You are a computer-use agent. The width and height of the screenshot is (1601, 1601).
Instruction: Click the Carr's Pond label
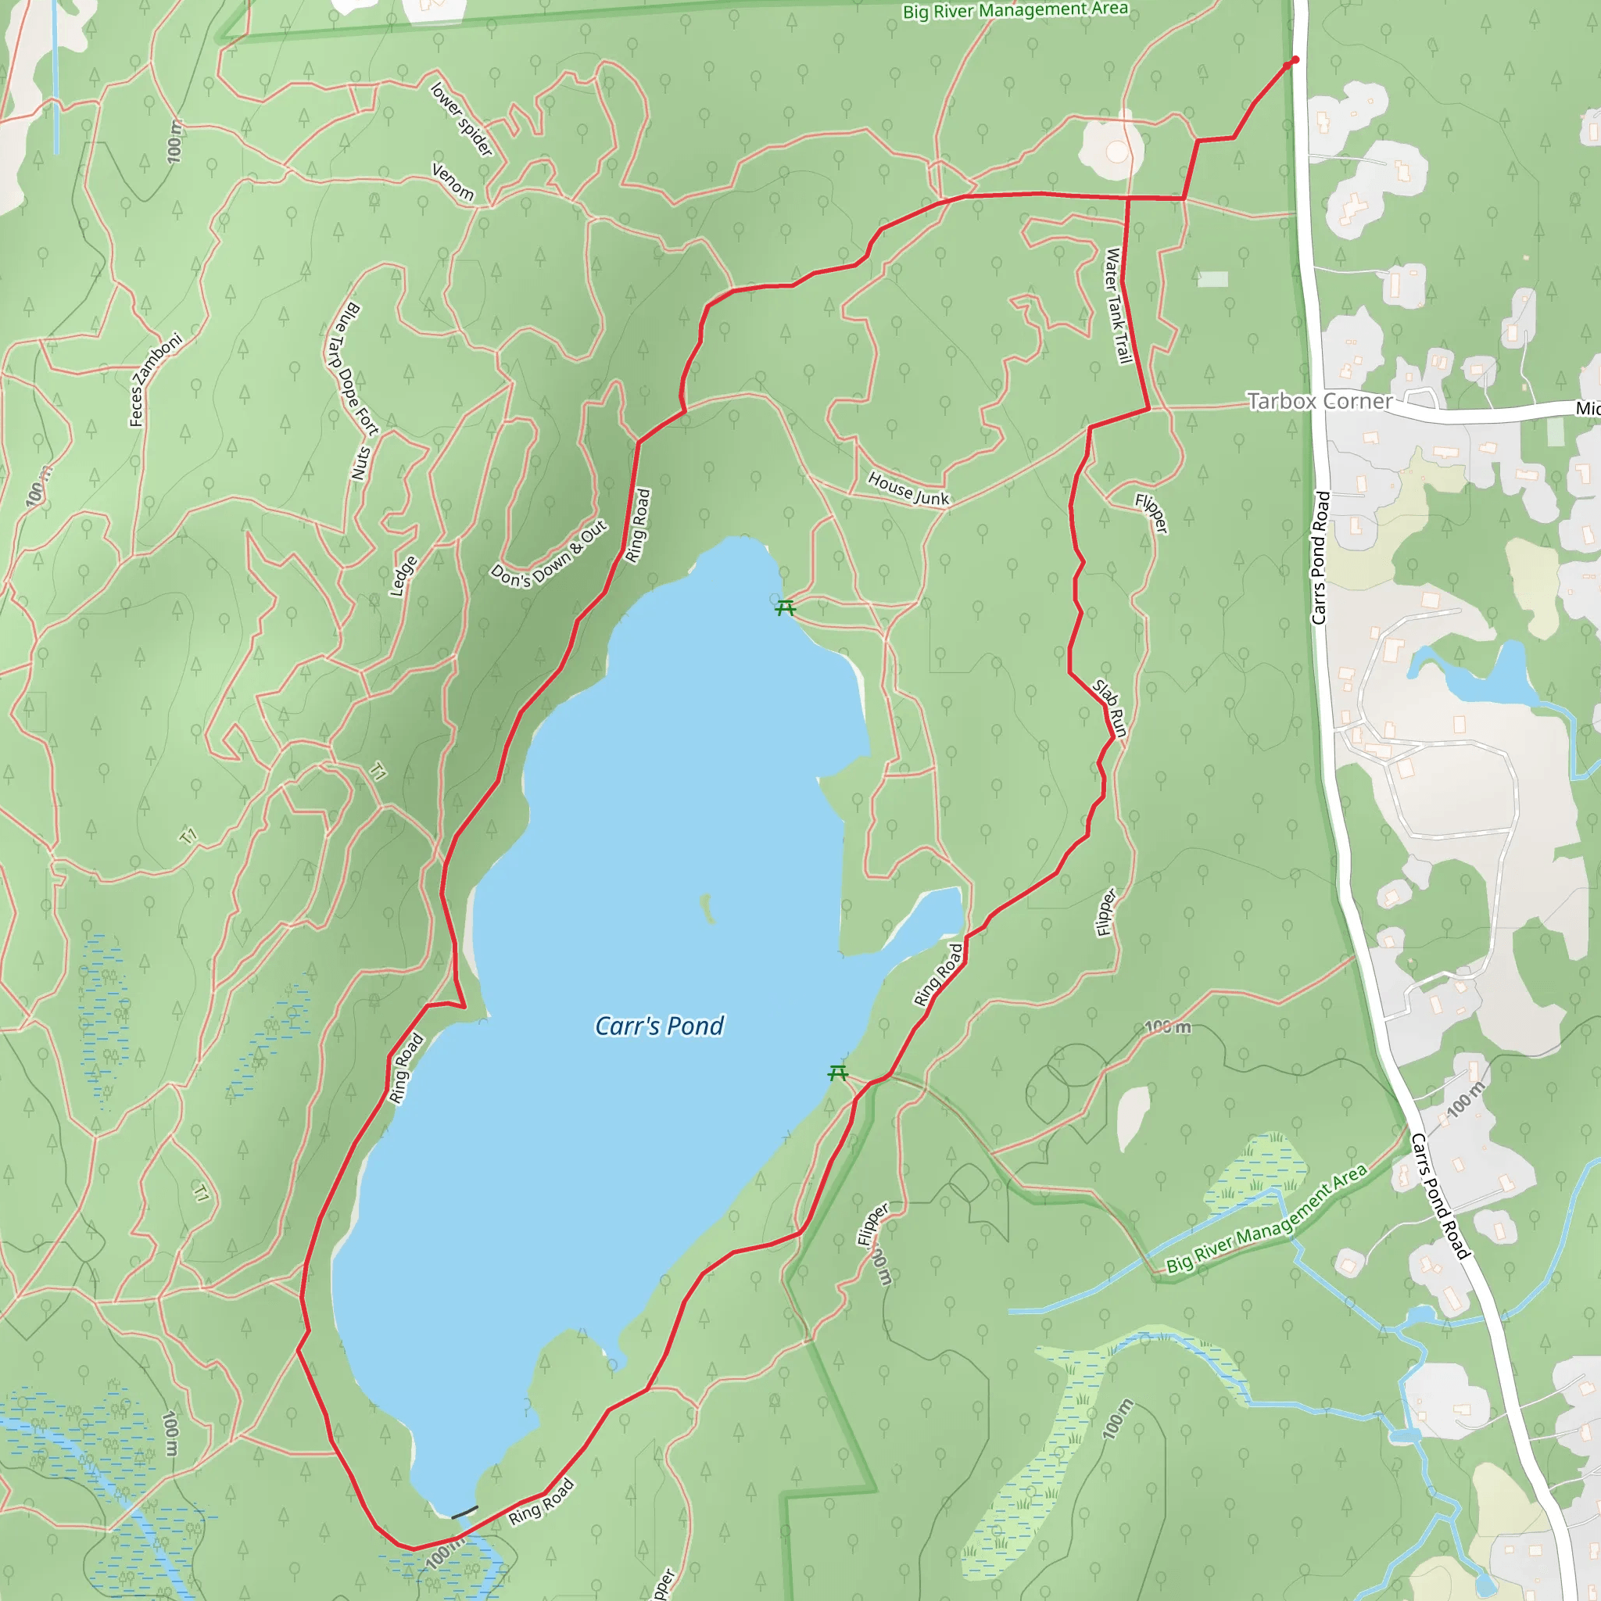pyautogui.click(x=660, y=1026)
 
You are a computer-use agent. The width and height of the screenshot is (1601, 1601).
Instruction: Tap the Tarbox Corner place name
pyautogui.click(x=1320, y=401)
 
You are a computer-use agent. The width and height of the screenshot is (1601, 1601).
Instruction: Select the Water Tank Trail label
pyautogui.click(x=1118, y=306)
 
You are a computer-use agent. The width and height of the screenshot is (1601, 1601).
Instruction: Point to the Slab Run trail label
pyautogui.click(x=1110, y=707)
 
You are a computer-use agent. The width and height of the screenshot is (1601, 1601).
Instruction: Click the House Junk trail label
pyautogui.click(x=908, y=488)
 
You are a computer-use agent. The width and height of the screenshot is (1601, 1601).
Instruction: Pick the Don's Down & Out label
pyautogui.click(x=549, y=554)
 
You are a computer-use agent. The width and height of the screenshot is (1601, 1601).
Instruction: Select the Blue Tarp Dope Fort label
pyautogui.click(x=351, y=369)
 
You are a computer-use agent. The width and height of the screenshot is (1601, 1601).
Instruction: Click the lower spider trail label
pyautogui.click(x=461, y=119)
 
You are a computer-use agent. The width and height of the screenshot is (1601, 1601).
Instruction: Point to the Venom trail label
pyautogui.click(x=453, y=181)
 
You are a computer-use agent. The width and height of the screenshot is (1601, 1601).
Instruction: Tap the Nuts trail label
pyautogui.click(x=360, y=464)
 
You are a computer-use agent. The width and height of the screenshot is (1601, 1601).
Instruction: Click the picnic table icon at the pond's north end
pyautogui.click(x=785, y=609)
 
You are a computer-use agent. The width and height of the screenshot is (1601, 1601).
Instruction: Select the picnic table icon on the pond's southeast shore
pyautogui.click(x=838, y=1074)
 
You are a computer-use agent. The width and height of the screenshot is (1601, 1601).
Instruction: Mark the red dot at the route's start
pyautogui.click(x=1295, y=59)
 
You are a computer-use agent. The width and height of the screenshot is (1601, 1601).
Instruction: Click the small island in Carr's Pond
pyautogui.click(x=707, y=908)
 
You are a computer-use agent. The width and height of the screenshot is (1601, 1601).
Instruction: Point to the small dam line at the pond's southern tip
pyautogui.click(x=464, y=1513)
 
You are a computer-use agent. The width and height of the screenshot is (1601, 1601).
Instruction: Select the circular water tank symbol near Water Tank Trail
pyautogui.click(x=1116, y=152)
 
